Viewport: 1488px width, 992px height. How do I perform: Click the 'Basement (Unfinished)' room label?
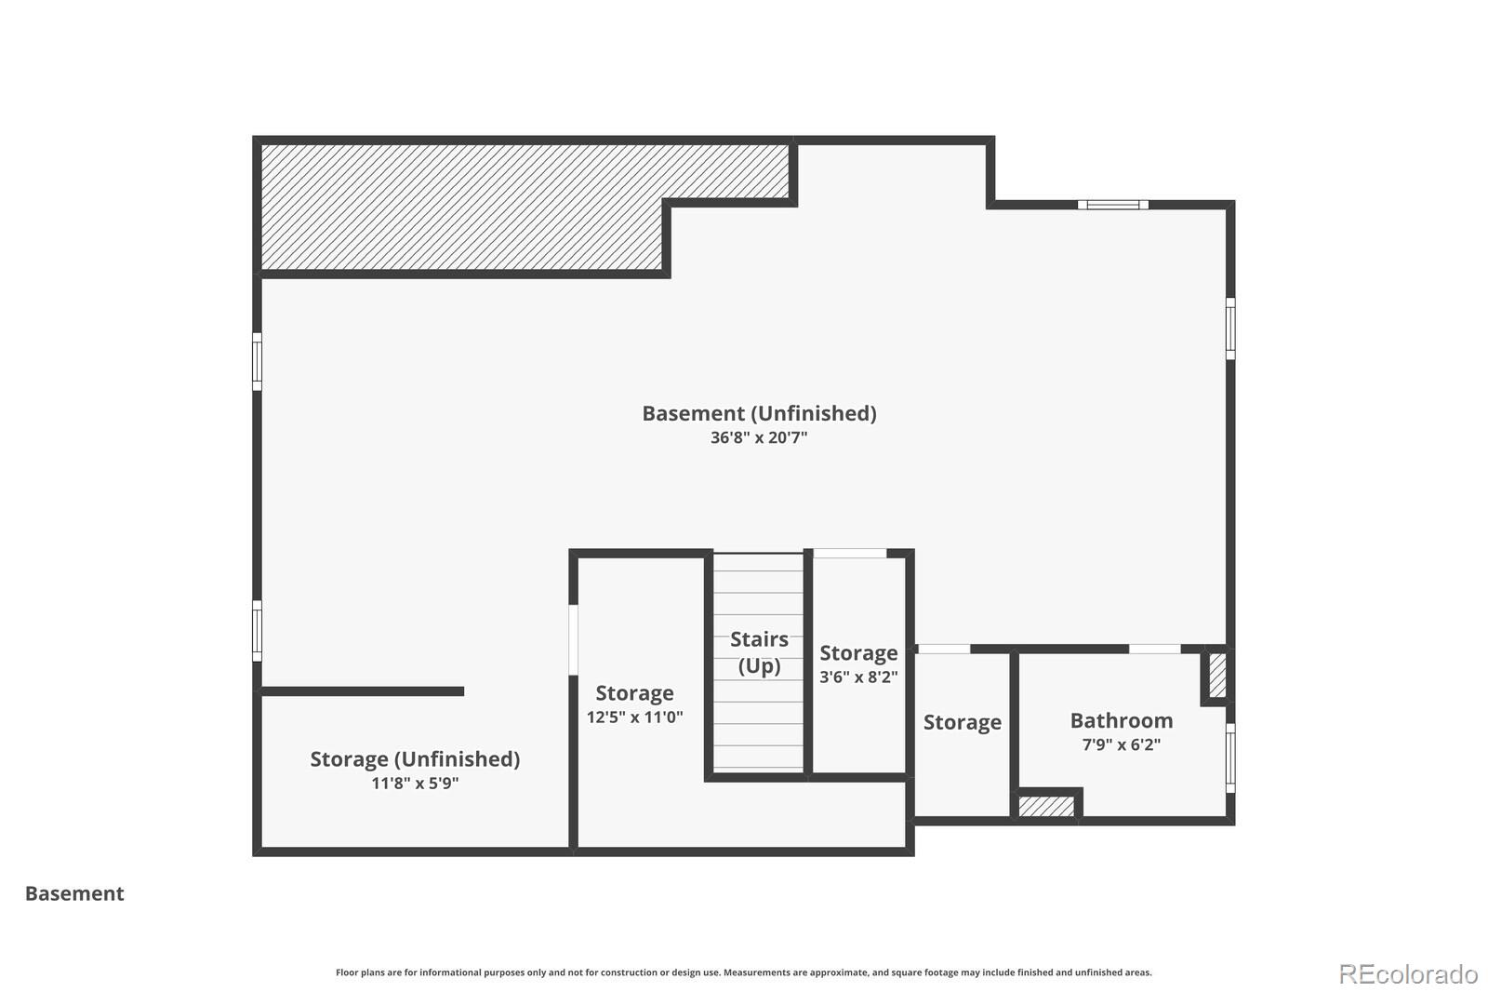click(759, 413)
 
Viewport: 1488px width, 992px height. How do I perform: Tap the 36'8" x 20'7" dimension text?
click(759, 437)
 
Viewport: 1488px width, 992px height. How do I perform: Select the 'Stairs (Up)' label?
click(759, 652)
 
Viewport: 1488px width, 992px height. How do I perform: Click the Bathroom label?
click(1121, 720)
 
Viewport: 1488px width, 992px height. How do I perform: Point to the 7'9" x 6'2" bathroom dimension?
click(1121, 744)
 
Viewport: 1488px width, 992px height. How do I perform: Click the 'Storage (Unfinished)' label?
click(415, 758)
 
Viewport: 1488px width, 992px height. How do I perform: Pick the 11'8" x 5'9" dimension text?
click(415, 784)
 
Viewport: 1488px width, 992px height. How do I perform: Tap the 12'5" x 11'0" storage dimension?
click(634, 717)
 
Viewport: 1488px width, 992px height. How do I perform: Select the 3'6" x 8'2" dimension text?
click(857, 677)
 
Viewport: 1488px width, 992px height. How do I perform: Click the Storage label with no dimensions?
click(962, 722)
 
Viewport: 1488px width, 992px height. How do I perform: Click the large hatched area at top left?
click(465, 207)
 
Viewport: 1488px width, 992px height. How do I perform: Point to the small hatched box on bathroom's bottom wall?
click(1046, 806)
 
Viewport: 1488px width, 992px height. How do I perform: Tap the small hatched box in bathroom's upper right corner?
click(1216, 676)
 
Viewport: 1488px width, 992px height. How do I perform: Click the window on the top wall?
click(1112, 205)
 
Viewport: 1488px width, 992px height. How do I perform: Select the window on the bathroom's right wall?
click(1229, 757)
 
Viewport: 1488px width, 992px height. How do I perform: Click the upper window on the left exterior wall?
click(258, 361)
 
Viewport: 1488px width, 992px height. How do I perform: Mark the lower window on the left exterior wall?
click(258, 630)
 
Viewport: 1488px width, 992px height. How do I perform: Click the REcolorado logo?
click(1407, 974)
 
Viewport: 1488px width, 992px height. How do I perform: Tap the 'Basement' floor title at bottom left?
click(74, 893)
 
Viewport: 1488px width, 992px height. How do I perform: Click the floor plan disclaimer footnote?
click(743, 972)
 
